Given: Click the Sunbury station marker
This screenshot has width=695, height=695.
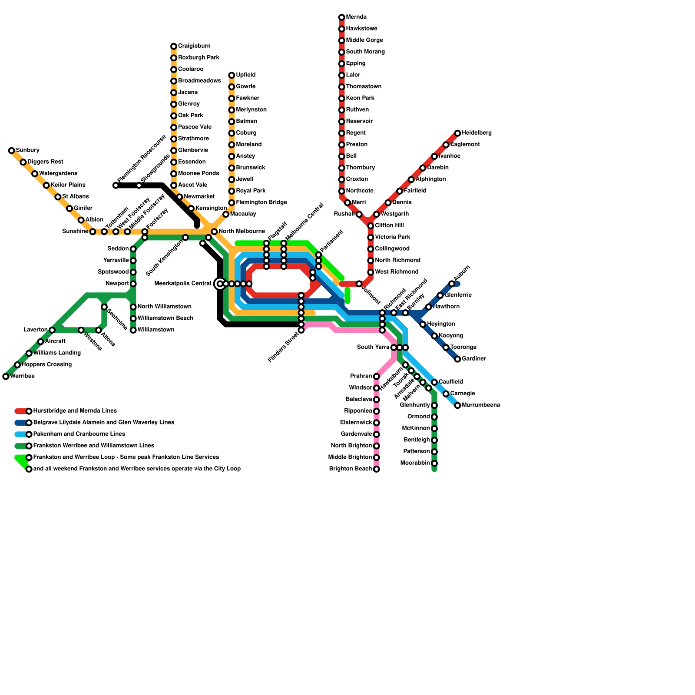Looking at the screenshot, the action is tap(12, 151).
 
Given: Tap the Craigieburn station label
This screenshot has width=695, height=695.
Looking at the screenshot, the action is tap(194, 46).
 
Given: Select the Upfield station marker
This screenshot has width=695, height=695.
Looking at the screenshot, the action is tap(232, 76).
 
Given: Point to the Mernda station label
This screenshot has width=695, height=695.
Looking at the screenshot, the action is tap(356, 17).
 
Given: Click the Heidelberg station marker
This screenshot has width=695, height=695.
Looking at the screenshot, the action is tap(457, 133).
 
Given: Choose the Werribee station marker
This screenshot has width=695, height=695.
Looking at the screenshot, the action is tap(6, 377).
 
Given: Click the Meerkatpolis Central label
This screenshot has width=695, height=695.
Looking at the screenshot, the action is tap(183, 284).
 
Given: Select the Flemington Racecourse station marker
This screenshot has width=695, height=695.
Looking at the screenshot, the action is tap(116, 186).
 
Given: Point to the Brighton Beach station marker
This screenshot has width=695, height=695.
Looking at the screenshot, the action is tap(377, 470).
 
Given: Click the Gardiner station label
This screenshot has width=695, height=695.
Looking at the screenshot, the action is tap(474, 359).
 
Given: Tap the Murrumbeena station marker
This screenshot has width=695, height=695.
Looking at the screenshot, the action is tap(457, 406).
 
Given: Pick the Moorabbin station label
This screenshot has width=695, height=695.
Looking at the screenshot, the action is tap(415, 463).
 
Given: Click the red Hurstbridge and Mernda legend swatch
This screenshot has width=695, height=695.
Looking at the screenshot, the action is tap(20, 411).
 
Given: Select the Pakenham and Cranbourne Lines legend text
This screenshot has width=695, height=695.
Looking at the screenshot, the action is tap(79, 434).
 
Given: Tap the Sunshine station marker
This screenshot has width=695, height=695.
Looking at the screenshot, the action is tap(93, 232).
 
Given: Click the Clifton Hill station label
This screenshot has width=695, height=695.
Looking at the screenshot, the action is tap(390, 225).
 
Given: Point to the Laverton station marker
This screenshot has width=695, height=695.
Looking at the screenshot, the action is tap(52, 330).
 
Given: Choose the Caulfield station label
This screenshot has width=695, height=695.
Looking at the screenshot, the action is tap(451, 382).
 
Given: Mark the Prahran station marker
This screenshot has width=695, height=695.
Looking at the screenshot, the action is tap(377, 377).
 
